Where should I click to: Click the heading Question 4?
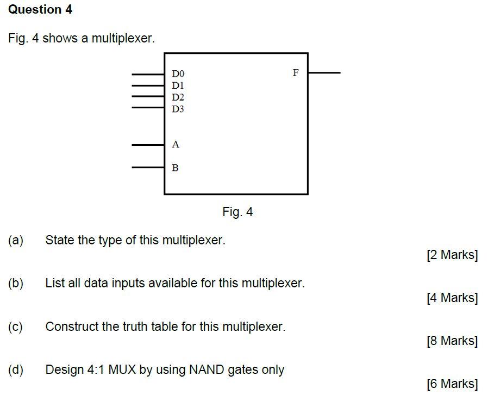click(40, 10)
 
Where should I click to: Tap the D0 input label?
click(178, 73)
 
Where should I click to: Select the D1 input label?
click(178, 85)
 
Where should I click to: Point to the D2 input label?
click(178, 97)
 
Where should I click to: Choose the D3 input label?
click(178, 109)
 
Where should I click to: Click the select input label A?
click(176, 145)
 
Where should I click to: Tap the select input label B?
click(175, 168)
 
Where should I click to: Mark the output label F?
click(296, 72)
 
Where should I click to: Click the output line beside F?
click(324, 72)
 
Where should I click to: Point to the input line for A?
click(148, 145)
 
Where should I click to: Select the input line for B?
click(148, 168)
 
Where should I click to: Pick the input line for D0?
click(148, 74)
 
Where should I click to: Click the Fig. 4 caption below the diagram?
click(237, 212)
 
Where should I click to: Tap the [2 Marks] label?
click(452, 255)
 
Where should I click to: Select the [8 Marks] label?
click(452, 341)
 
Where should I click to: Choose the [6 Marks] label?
click(452, 384)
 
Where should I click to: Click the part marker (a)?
click(16, 240)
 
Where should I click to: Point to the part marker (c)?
click(16, 327)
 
